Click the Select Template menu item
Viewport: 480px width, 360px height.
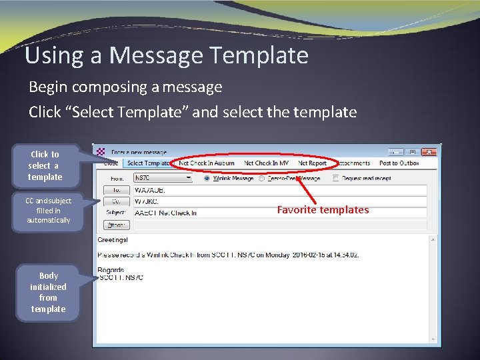(147, 163)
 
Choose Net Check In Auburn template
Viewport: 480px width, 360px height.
(207, 163)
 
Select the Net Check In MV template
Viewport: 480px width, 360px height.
(267, 163)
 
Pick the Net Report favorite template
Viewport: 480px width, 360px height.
(312, 163)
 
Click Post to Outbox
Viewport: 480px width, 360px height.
(399, 163)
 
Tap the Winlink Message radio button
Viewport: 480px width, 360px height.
(207, 178)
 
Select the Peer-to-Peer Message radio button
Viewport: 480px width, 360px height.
(262, 178)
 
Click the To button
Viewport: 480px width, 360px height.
(115, 190)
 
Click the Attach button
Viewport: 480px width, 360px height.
(115, 225)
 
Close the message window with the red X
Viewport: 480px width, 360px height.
(431, 152)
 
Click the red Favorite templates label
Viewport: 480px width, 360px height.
(323, 210)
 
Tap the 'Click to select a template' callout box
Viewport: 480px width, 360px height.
(45, 165)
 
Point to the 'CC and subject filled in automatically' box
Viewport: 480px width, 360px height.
(48, 210)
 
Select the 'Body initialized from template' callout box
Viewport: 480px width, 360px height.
(49, 292)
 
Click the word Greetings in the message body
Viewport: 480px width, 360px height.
(113, 240)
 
